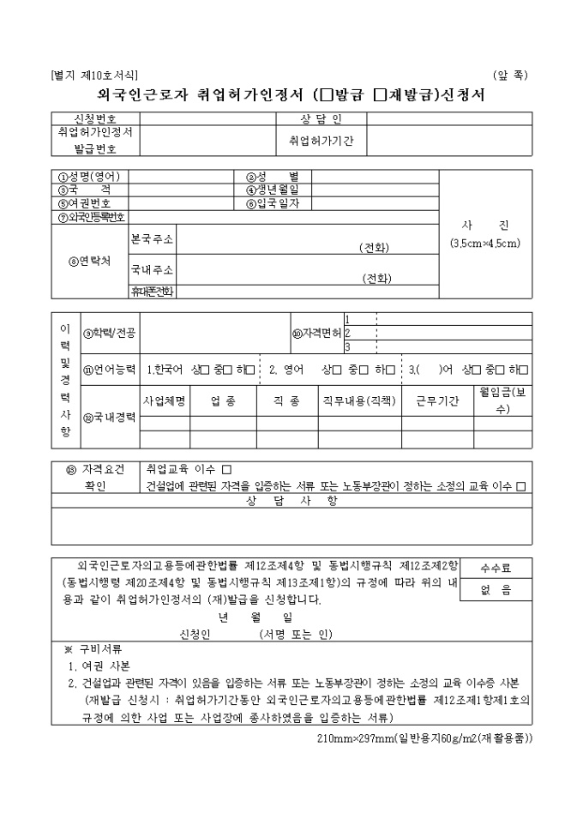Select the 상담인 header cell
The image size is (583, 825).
point(321,118)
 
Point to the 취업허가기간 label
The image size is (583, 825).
point(321,139)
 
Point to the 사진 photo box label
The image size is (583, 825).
point(485,226)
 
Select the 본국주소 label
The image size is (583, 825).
point(152,238)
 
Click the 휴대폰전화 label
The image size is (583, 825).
point(152,292)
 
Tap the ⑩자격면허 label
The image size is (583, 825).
point(316,334)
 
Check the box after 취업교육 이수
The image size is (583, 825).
point(226,469)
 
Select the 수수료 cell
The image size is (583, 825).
point(496,568)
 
